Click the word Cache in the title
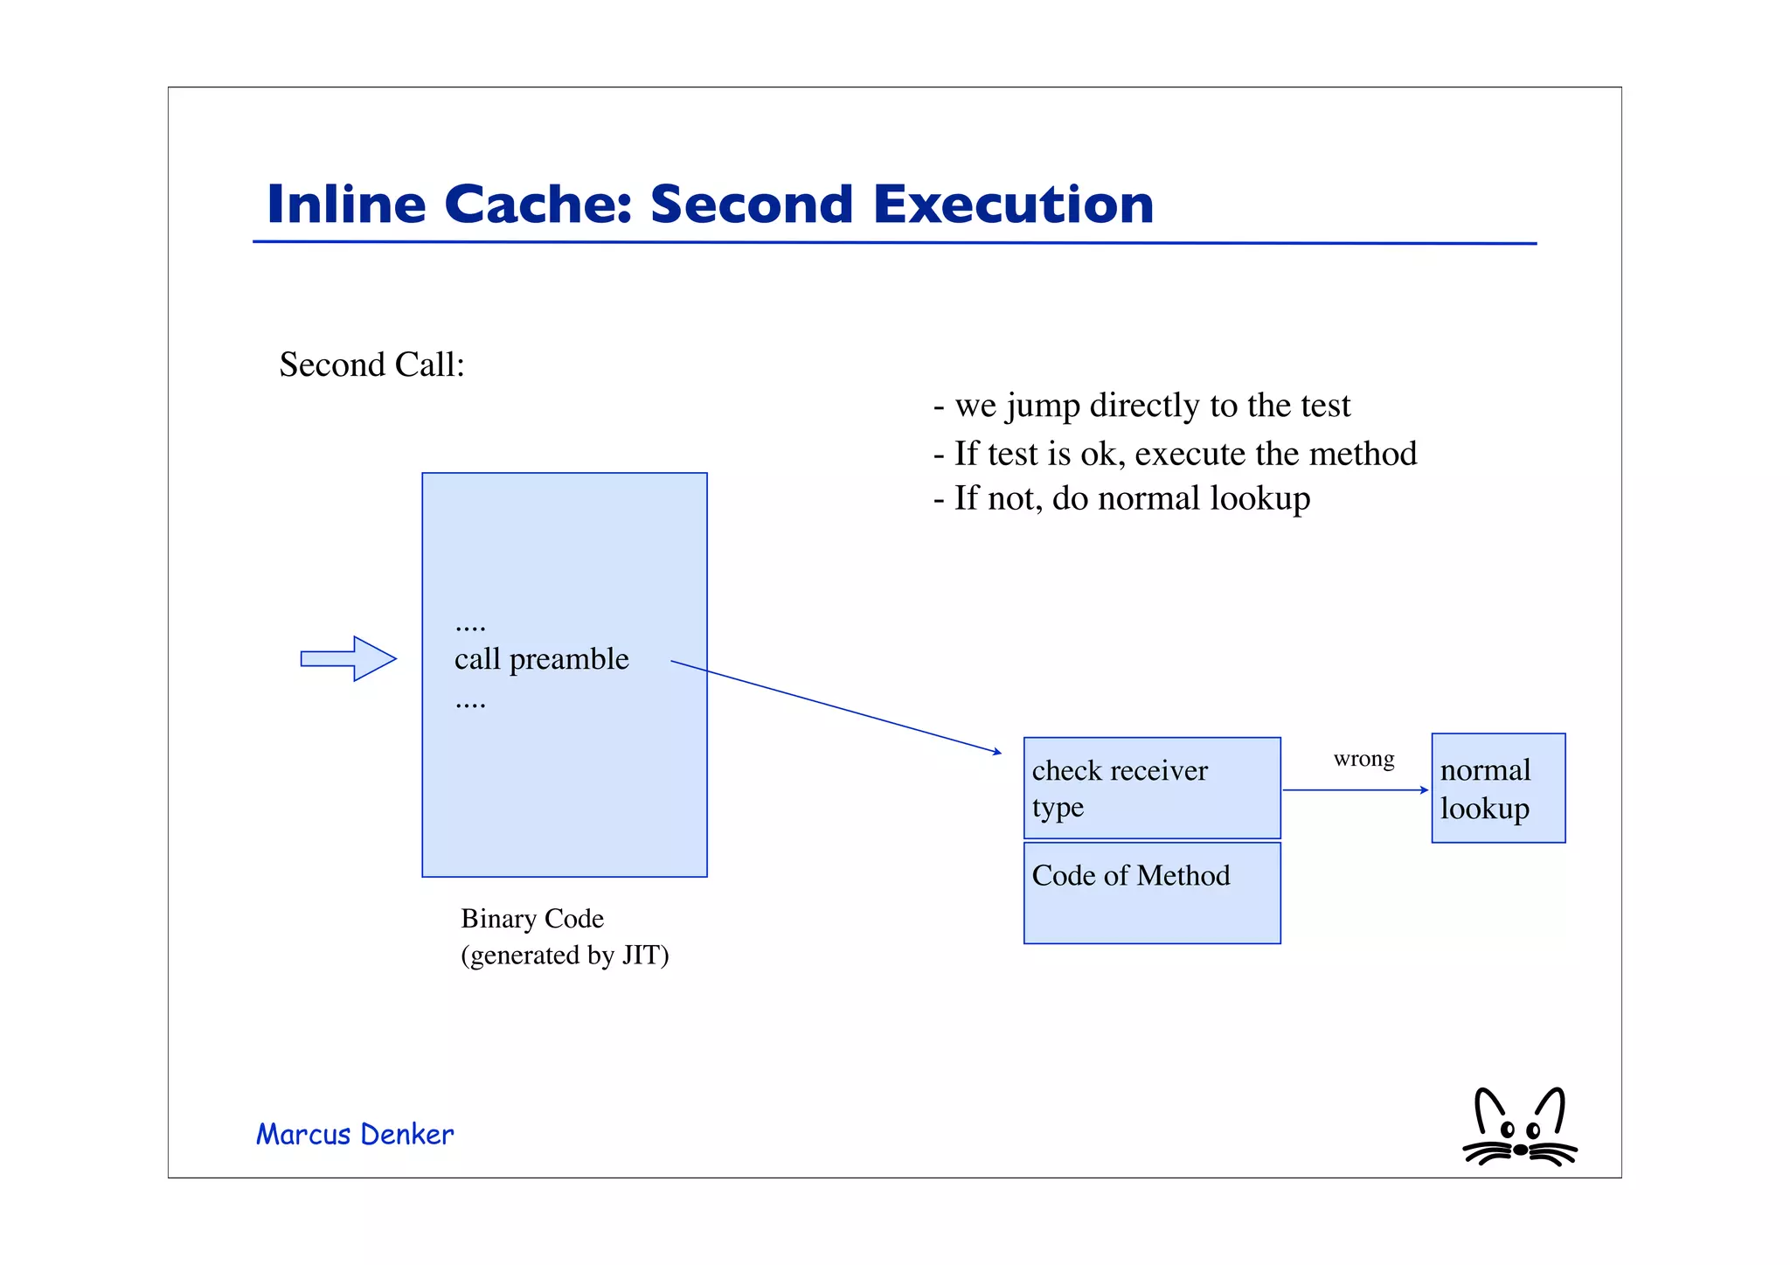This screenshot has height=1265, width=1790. pos(537,205)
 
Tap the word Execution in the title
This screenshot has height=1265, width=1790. pos(1013,205)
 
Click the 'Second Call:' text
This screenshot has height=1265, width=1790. pos(371,365)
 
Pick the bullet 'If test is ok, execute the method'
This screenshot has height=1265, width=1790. pos(1176,454)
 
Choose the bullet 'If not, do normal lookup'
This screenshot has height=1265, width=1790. pos(1122,498)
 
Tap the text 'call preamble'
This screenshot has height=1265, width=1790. pos(541,659)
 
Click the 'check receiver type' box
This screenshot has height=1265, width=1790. pos(1151,788)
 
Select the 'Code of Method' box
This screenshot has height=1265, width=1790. pos(1151,893)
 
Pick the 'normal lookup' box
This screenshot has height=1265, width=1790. pos(1497,789)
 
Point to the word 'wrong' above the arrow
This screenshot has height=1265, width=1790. pos(1363,759)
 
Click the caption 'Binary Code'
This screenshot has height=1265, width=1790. pos(531,919)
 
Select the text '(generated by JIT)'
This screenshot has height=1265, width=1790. pos(565,956)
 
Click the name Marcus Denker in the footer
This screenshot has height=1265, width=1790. pos(355,1135)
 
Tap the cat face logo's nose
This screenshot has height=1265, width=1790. pos(1520,1150)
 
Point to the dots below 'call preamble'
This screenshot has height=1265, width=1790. pos(470,704)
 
